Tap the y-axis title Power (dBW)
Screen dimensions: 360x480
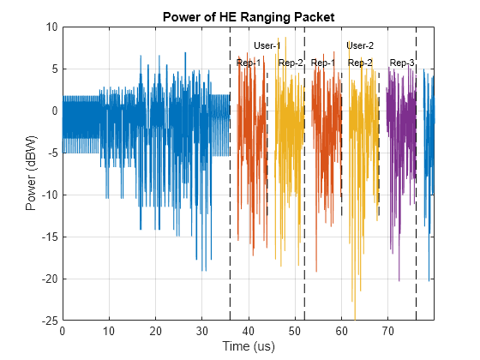pos(32,173)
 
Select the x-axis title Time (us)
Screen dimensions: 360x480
pos(248,346)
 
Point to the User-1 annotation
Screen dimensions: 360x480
pos(267,45)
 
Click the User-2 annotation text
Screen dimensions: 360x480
pos(360,45)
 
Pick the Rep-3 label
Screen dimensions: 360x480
pos(402,63)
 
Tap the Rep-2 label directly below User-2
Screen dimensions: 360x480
pos(360,63)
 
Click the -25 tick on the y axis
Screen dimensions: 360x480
pos(48,321)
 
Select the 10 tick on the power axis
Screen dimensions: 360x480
pos(51,27)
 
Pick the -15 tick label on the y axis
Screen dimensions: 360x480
pos(48,237)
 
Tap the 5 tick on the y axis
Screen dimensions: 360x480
pos(53,69)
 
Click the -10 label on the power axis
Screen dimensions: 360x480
pos(48,195)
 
